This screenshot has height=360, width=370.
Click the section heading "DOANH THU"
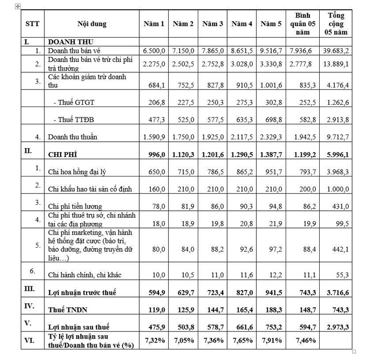[71, 42]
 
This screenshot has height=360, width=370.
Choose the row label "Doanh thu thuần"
[73, 137]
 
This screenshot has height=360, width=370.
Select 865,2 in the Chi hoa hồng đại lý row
[242, 172]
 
